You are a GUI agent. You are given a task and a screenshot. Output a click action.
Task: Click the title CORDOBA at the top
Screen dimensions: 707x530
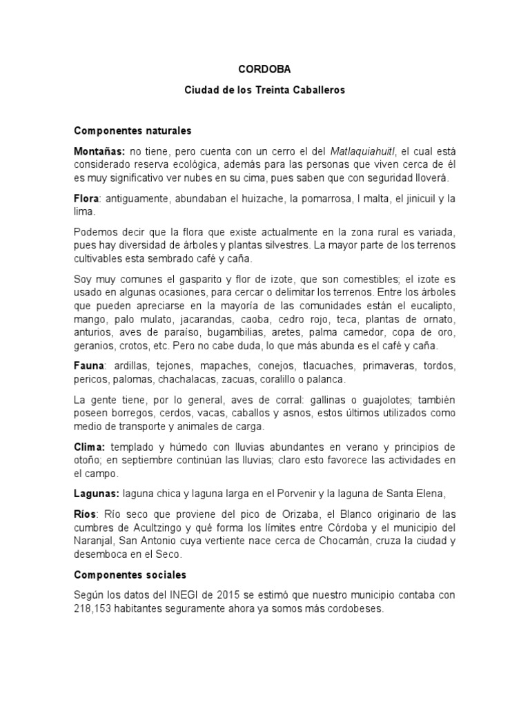pyautogui.click(x=264, y=70)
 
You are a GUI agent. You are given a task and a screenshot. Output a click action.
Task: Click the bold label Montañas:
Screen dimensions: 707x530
pyautogui.click(x=99, y=151)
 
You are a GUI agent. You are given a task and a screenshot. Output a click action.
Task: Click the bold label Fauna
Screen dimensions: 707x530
pyautogui.click(x=88, y=365)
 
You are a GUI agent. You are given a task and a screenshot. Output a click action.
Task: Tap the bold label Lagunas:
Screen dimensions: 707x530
pyautogui.click(x=97, y=493)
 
